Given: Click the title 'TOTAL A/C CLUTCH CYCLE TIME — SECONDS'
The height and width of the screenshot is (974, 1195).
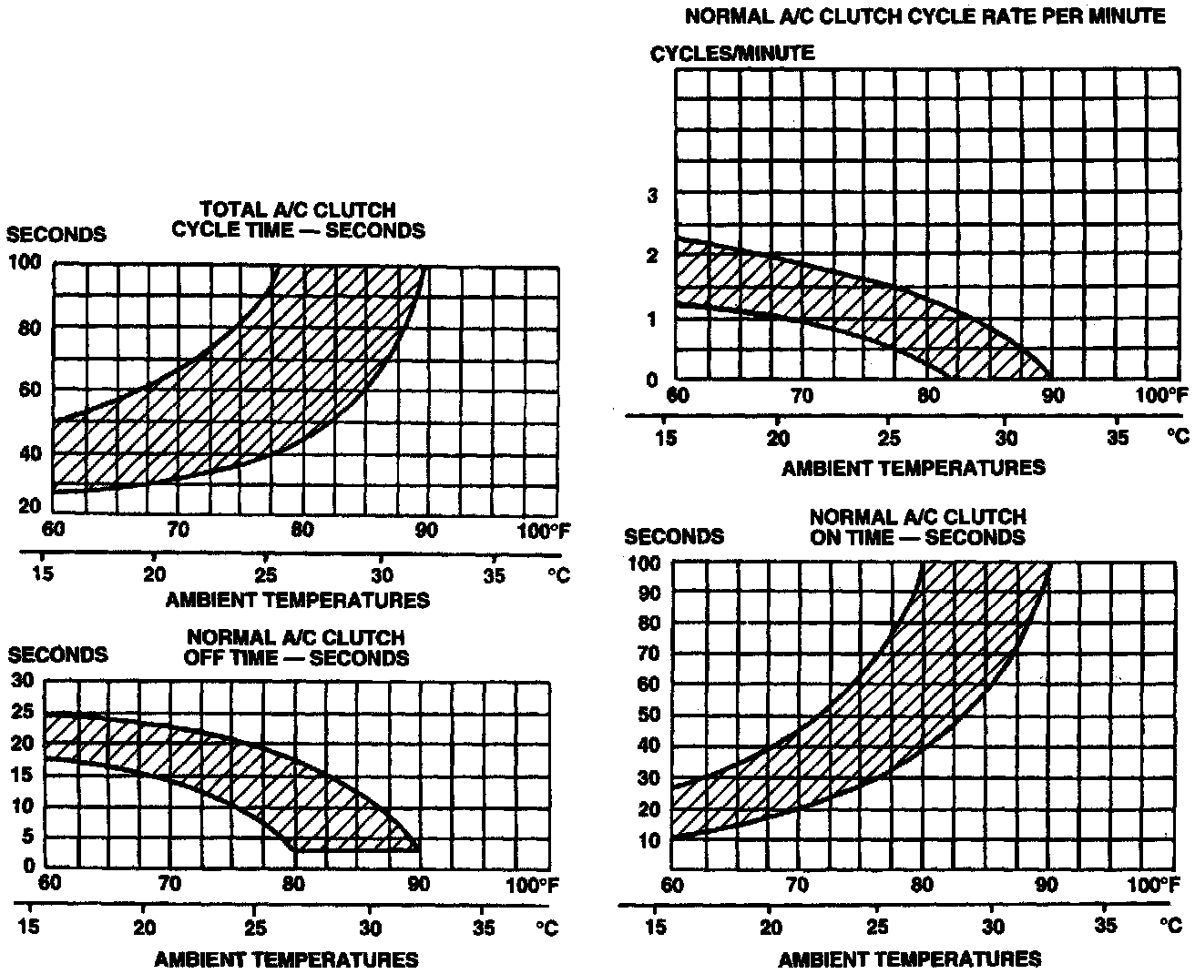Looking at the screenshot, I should (x=299, y=220).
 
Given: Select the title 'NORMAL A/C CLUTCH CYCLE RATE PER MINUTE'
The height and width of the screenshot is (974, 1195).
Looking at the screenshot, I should (x=924, y=16).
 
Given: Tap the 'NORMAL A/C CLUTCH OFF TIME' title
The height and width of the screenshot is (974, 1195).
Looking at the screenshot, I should (x=296, y=647).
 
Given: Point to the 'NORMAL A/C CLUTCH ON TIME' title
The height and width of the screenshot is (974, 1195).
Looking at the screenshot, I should (x=917, y=527).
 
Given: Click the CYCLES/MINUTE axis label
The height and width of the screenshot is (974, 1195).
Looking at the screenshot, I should (x=731, y=54).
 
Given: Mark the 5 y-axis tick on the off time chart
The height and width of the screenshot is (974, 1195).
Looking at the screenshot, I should (x=28, y=836).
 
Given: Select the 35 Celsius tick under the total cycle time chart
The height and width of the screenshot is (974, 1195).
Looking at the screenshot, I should (x=494, y=576).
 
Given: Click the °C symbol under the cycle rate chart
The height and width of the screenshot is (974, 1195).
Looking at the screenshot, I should (x=1178, y=438).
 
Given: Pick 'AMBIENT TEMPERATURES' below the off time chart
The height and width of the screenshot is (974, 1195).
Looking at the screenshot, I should (x=286, y=959).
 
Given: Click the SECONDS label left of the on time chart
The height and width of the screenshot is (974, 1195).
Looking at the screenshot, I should (x=674, y=537).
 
